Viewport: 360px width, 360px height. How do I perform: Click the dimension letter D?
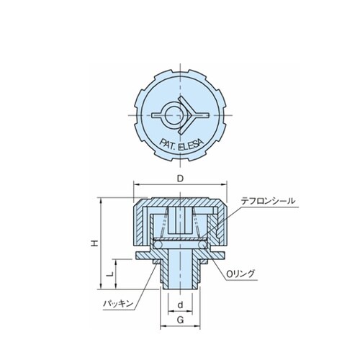point(180,179)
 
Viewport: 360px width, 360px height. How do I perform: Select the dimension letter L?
point(109,274)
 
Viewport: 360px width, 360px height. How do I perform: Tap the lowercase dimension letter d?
point(180,305)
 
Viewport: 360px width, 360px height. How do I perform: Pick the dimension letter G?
point(180,320)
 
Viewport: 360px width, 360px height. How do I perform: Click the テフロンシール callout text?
point(268,201)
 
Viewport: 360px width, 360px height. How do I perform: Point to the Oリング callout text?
point(240,274)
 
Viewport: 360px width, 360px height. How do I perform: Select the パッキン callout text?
point(118,304)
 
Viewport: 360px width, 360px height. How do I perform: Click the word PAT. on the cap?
point(168,145)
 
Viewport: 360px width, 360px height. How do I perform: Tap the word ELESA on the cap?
point(192,145)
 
